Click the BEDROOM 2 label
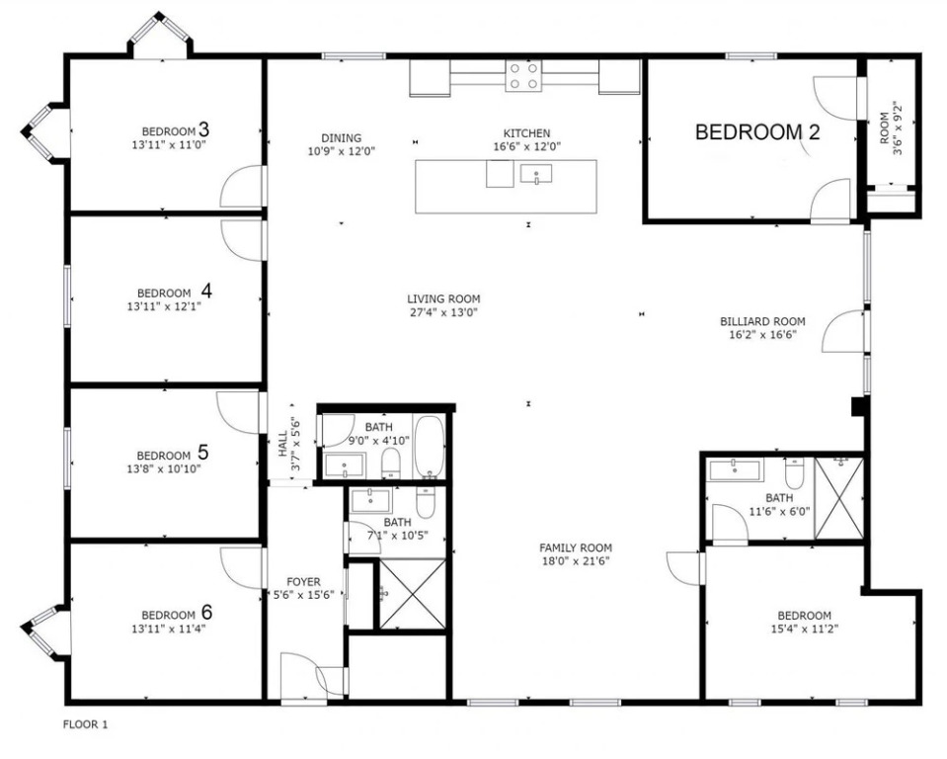coord(757,131)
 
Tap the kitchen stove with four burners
coord(523,76)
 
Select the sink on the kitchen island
coord(536,174)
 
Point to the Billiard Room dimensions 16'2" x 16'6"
coord(762,334)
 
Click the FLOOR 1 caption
coord(85,724)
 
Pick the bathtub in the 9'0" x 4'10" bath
coord(430,447)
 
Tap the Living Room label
coord(443,298)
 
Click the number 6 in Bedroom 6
coord(206,613)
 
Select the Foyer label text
coord(303,582)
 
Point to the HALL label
coord(282,445)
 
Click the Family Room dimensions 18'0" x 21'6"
coord(576,561)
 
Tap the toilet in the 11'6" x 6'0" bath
coord(794,473)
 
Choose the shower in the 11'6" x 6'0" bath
coord(839,498)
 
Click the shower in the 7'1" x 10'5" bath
coord(412,594)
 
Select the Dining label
coord(342,137)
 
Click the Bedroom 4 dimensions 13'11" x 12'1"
coord(164,306)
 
